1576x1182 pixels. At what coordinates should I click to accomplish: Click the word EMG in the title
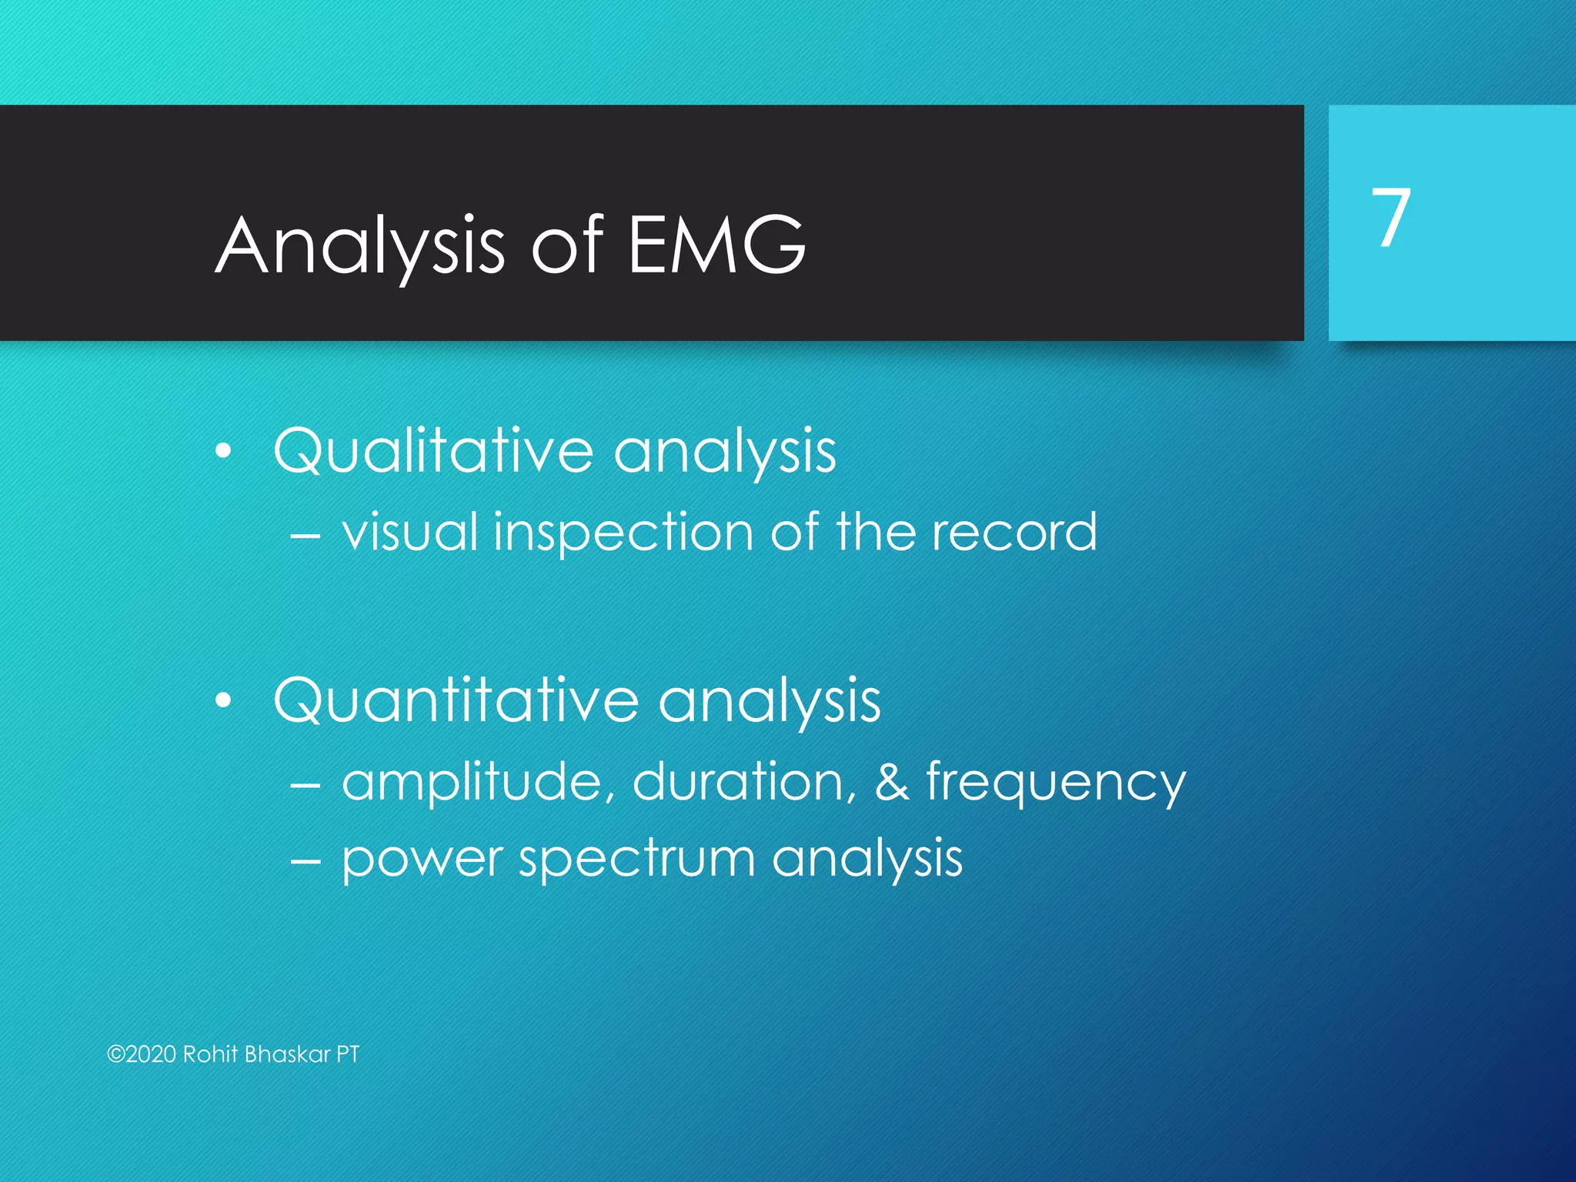(x=716, y=245)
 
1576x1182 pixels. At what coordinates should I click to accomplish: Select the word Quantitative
(x=456, y=700)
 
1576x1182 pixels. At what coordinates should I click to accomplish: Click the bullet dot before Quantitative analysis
(x=223, y=701)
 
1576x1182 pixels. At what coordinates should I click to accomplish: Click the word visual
(x=411, y=532)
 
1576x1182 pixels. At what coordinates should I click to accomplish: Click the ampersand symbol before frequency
(x=891, y=782)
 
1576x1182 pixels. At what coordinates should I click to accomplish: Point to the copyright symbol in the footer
(x=115, y=1054)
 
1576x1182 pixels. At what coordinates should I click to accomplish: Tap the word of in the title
(x=567, y=245)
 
